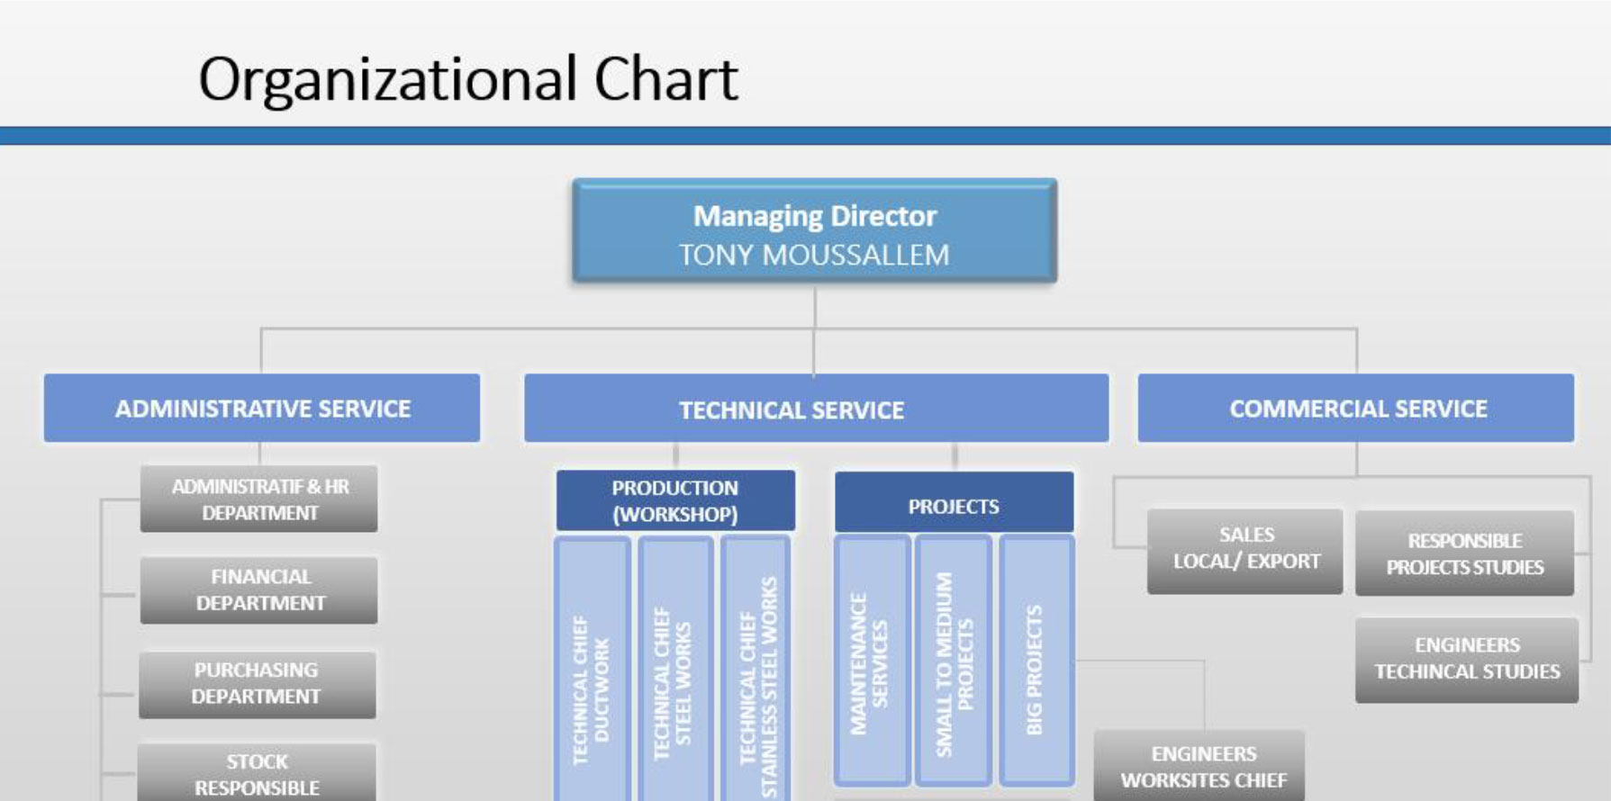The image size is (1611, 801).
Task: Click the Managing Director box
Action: pos(814,231)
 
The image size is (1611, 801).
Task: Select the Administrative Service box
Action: pos(262,408)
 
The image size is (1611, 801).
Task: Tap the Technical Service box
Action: pos(816,409)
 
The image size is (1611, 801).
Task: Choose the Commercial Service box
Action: pos(1356,408)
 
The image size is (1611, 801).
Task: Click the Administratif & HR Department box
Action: pos(259,499)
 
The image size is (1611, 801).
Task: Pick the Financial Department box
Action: pos(259,590)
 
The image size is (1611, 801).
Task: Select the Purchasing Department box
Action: pos(258,684)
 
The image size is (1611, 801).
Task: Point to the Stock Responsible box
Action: pos(257,772)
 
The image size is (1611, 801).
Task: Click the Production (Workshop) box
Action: pos(675,500)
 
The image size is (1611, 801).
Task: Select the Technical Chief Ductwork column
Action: pos(593,669)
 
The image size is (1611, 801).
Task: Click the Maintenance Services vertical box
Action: pos(872,661)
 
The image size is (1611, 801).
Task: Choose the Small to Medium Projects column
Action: pos(954,661)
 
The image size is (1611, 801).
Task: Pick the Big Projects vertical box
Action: pos(1036,661)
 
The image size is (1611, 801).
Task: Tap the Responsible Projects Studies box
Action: pos(1465,553)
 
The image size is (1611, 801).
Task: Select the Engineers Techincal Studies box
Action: pos(1467,660)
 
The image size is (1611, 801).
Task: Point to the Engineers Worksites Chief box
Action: pos(1200,766)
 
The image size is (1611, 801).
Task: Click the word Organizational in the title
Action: pos(387,81)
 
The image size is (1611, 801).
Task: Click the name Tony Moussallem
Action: pos(814,255)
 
